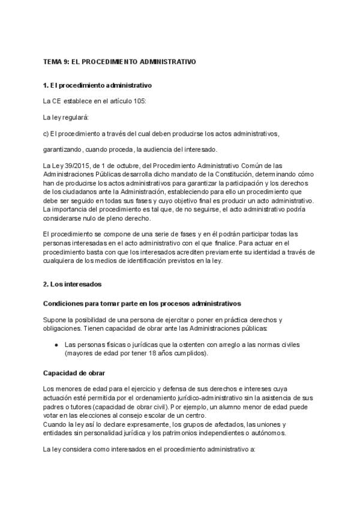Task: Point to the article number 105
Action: (139, 101)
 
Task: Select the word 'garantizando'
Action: (62, 149)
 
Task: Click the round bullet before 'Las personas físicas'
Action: (56, 345)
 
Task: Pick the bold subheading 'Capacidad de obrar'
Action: (73, 373)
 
